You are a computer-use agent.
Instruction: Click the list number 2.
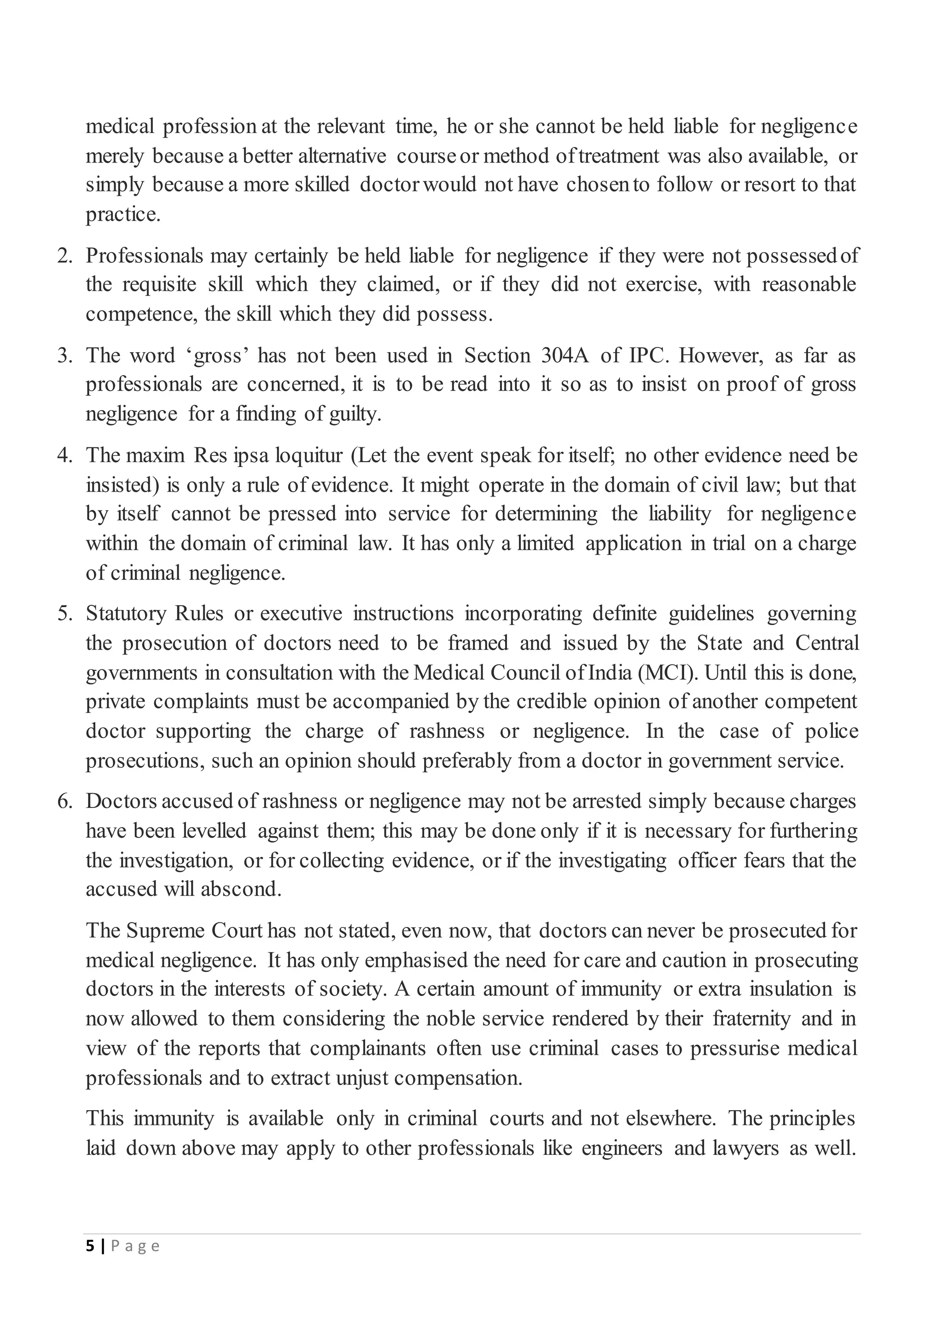[x=64, y=256]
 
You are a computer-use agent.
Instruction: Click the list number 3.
[x=64, y=356]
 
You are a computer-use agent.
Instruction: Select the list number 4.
[x=64, y=456]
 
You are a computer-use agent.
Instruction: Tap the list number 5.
[x=64, y=614]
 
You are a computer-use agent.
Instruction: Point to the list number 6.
[x=64, y=802]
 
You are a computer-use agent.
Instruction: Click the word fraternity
[x=751, y=1019]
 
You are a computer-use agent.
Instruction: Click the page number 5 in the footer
[x=89, y=1246]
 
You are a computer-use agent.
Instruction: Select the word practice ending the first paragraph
[x=122, y=215]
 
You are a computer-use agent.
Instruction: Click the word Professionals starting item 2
[x=145, y=256]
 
